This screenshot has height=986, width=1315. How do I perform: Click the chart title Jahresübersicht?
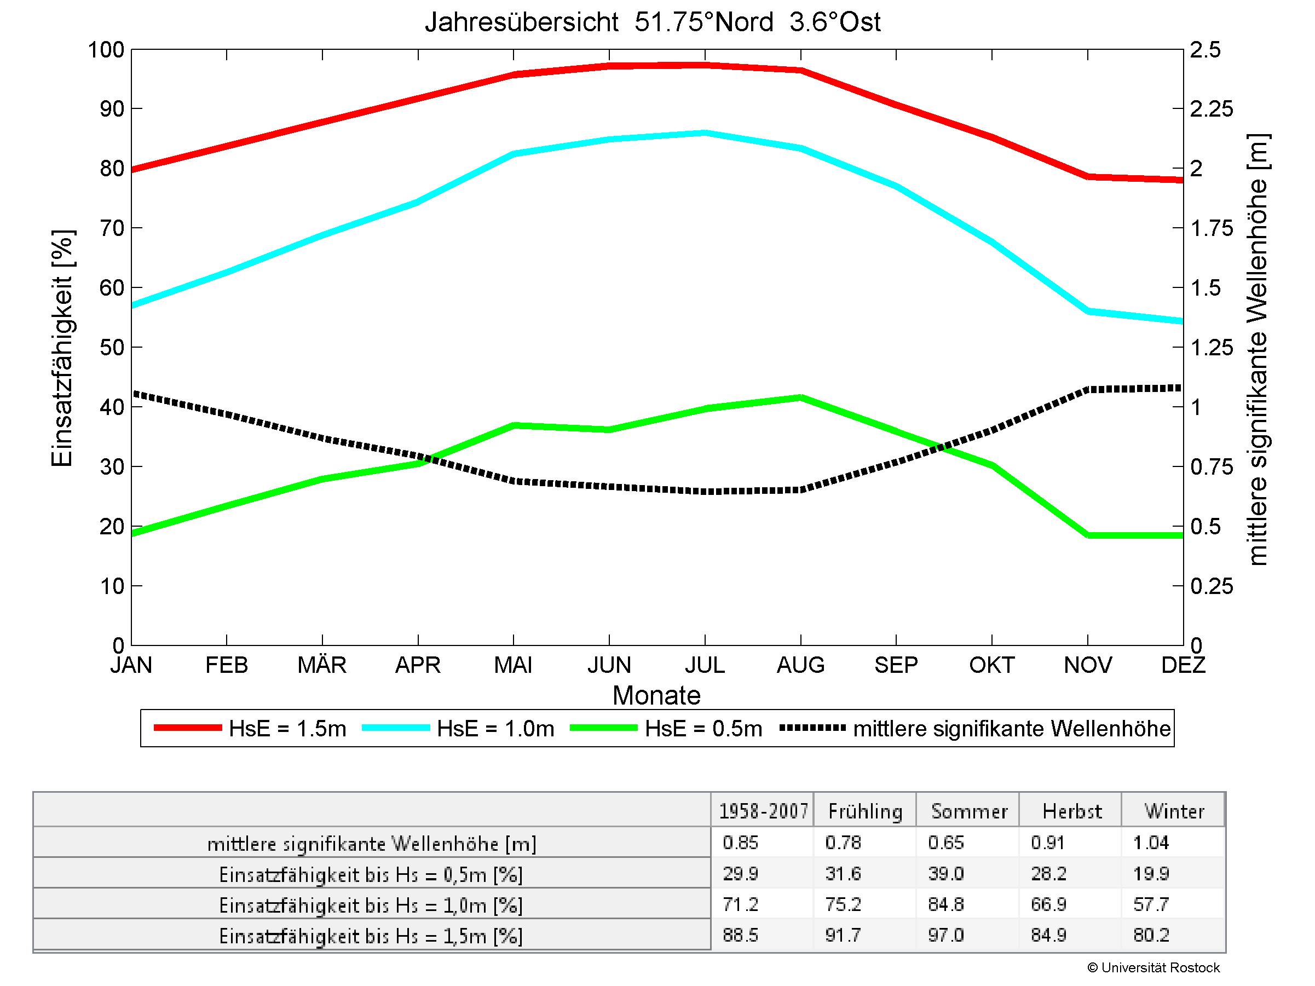[x=652, y=22]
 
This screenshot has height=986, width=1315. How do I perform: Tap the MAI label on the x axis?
[x=513, y=665]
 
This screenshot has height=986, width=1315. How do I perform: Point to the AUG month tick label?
[x=800, y=665]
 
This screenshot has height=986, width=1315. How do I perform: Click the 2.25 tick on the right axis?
[x=1212, y=109]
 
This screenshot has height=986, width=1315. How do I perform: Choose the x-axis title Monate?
[x=656, y=695]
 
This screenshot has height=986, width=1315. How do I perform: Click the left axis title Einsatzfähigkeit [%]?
[x=62, y=348]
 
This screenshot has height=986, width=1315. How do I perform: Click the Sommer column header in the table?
[x=969, y=811]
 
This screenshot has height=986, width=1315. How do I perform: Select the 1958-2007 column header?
[x=763, y=811]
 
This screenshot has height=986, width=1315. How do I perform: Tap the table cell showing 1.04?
[x=1151, y=843]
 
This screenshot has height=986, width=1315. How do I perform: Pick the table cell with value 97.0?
[x=945, y=936]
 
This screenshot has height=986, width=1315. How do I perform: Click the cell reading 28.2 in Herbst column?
[x=1049, y=874]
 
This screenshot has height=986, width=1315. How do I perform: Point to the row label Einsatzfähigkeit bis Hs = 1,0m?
[x=371, y=905]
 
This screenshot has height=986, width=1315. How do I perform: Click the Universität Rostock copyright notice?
[x=1153, y=967]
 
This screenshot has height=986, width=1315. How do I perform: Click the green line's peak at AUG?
[x=801, y=397]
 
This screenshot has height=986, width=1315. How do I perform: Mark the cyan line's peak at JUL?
[x=705, y=132]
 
